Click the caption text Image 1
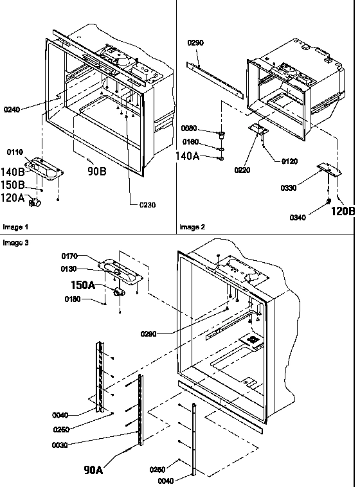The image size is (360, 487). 16,227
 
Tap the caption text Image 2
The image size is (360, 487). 192,227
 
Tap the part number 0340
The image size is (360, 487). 298,218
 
